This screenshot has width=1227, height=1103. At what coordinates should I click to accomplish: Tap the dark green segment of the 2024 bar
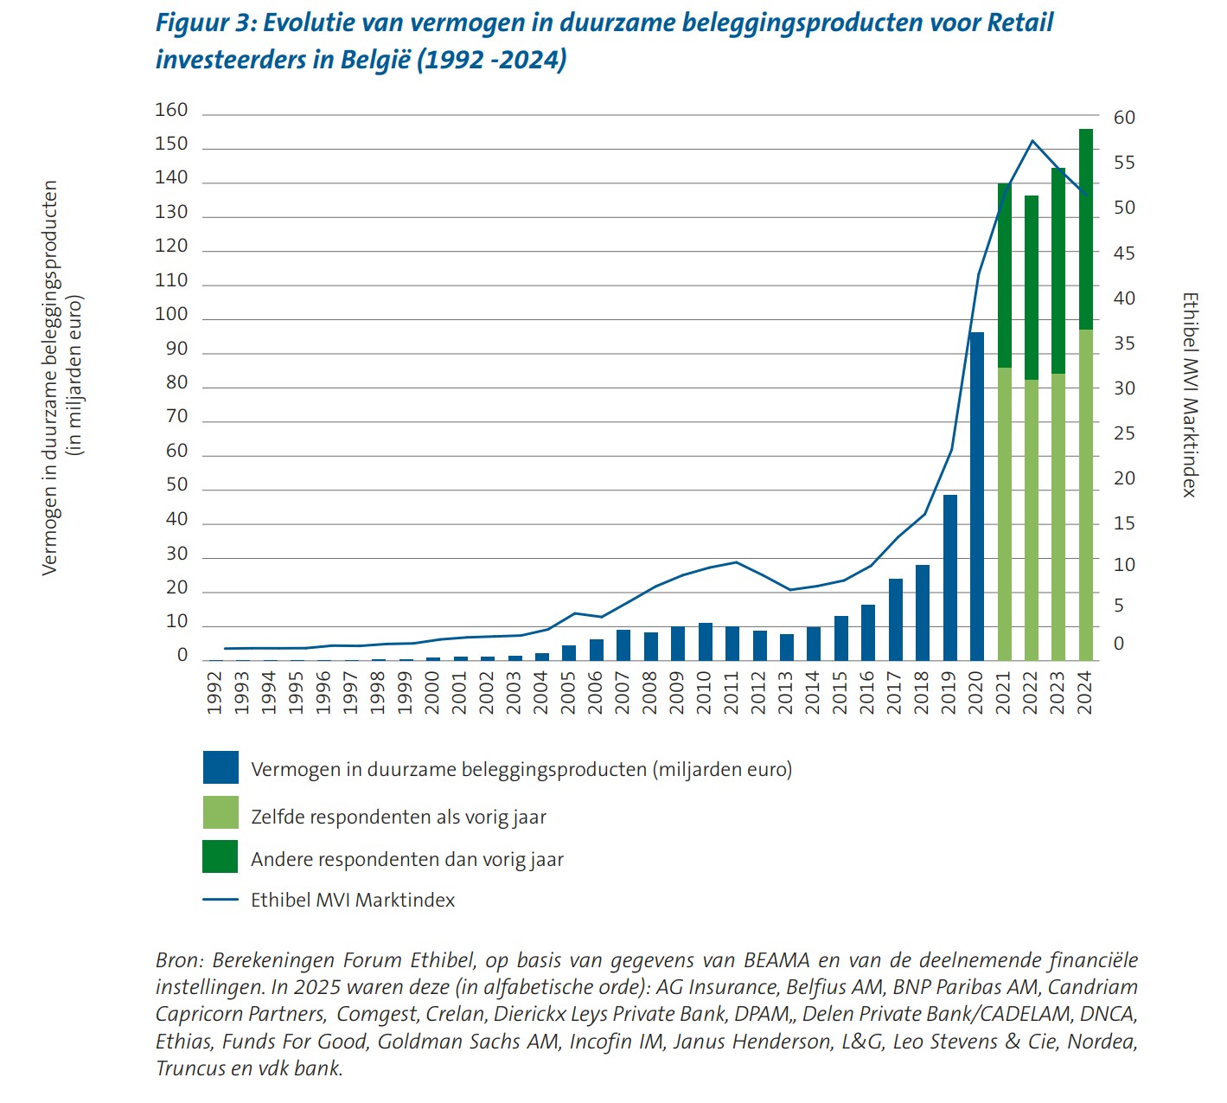pos(1085,229)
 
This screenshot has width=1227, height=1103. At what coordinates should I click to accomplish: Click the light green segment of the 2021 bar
pos(1004,514)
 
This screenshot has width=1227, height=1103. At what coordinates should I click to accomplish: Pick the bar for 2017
pos(895,619)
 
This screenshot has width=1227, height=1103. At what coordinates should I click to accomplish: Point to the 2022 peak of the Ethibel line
pos(1032,141)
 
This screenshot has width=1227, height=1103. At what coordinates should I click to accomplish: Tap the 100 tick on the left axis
pos(171,315)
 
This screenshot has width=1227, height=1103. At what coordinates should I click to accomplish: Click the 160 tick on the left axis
pos(171,110)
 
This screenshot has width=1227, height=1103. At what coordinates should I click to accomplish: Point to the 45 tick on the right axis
pos(1124,253)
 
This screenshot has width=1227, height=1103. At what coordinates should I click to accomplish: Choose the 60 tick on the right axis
pos(1124,118)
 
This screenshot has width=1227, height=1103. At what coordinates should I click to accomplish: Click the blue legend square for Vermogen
pos(220,768)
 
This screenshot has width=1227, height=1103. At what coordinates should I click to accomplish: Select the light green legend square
pos(220,813)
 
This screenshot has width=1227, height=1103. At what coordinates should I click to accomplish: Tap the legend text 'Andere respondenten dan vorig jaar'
pos(406,860)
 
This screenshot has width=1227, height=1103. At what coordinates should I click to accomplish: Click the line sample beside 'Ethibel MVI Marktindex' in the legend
pos(220,901)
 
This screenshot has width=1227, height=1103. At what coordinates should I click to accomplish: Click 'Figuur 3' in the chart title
pos(203,23)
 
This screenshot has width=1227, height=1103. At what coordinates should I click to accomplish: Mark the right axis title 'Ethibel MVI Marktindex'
pos(1190,394)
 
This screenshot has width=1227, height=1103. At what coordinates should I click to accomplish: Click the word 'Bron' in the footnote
pos(178,960)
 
